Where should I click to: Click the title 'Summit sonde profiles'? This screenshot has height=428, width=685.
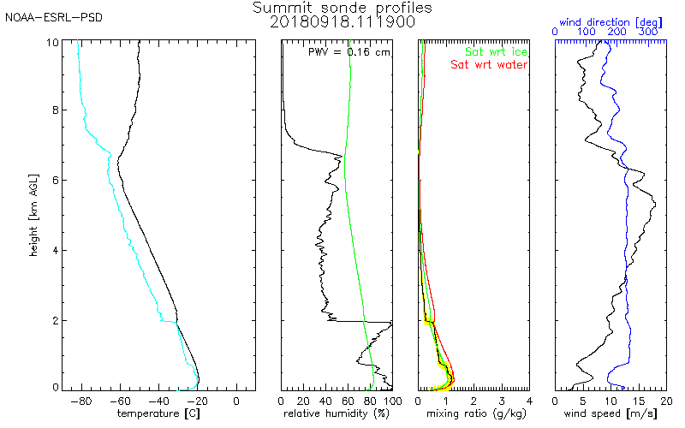tap(342, 8)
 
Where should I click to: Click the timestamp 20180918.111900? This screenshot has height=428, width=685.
tap(342, 21)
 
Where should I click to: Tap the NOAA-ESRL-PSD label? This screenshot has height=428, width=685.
tap(49, 17)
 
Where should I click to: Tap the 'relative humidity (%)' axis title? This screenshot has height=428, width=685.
tap(337, 413)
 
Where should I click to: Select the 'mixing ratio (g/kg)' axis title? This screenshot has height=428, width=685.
tap(474, 413)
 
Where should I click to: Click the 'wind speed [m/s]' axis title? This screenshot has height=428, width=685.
tap(611, 413)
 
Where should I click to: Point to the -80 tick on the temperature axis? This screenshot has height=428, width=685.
tap(81, 400)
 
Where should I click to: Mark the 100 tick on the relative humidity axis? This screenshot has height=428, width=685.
tap(391, 400)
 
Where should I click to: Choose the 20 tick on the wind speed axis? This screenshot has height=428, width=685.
tap(665, 400)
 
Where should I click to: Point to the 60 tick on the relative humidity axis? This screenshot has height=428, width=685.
tap(348, 400)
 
